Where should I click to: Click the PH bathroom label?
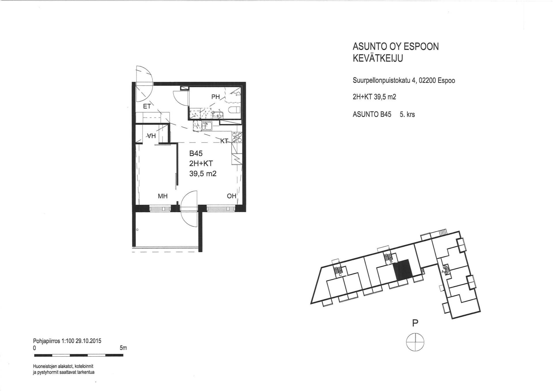[215, 97]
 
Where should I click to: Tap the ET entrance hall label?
[147, 106]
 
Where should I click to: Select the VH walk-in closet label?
[151, 136]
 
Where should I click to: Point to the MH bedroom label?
[163, 196]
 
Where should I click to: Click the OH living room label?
[232, 196]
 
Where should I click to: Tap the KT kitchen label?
[224, 141]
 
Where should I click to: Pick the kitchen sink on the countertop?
[207, 126]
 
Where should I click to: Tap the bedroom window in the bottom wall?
[160, 208]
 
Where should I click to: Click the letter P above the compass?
[415, 323]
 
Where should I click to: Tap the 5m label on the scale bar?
[123, 348]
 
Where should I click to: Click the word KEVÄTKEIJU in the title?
[378, 58]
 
